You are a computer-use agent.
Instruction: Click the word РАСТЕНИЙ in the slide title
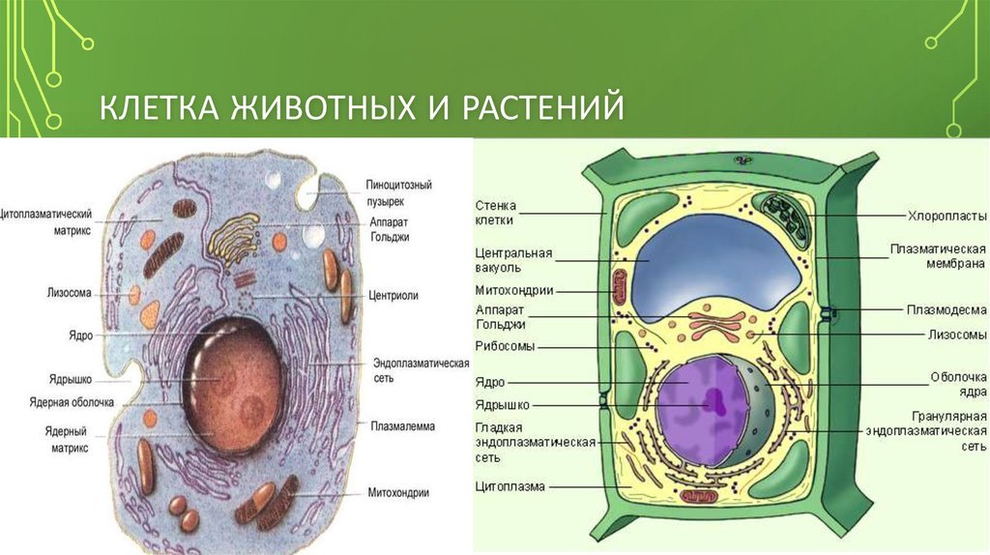pyautogui.click(x=542, y=106)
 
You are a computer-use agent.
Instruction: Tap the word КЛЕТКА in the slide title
pyautogui.click(x=159, y=106)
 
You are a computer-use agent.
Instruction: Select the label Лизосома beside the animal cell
pyautogui.click(x=69, y=293)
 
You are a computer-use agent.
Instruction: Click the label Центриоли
pyautogui.click(x=393, y=296)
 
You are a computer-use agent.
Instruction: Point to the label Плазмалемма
pyautogui.click(x=403, y=426)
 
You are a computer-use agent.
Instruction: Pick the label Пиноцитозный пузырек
pyautogui.click(x=399, y=193)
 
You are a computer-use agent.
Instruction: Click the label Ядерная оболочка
pyautogui.click(x=72, y=402)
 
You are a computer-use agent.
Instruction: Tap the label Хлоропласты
pyautogui.click(x=947, y=216)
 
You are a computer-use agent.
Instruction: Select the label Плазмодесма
pyautogui.click(x=946, y=309)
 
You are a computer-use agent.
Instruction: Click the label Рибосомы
pyautogui.click(x=505, y=346)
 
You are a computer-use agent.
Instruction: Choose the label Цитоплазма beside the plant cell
pyautogui.click(x=510, y=486)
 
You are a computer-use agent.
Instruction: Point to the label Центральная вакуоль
pyautogui.click(x=514, y=260)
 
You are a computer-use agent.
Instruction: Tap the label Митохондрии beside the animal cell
pyautogui.click(x=398, y=492)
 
